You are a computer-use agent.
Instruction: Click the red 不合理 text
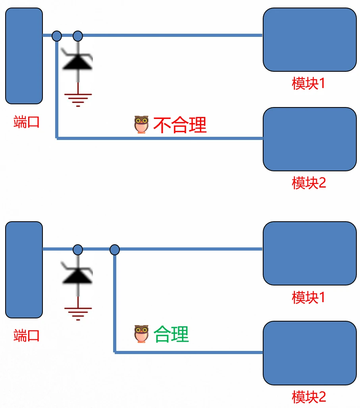pos(180,125)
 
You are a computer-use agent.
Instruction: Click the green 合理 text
pos(171,334)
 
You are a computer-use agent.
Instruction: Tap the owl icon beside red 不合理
pos(141,125)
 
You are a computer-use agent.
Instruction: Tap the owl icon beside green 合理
pos(141,334)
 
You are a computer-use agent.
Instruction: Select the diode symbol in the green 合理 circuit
pos(78,274)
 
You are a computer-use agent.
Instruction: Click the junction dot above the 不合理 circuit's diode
pos(78,36)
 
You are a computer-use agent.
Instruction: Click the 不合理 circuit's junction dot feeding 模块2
pos(57,36)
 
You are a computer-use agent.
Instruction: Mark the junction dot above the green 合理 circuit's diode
pos(78,250)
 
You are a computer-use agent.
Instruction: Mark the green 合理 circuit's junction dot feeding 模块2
pos(114,250)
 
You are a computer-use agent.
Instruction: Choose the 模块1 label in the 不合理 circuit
pos(308,83)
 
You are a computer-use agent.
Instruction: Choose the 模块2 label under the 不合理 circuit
pos(308,183)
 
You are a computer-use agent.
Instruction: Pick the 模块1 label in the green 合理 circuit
pos(308,297)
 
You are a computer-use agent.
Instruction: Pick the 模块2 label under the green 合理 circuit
pos(308,397)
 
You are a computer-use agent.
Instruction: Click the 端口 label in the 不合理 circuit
pos(26,122)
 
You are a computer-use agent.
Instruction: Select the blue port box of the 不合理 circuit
pos(24,56)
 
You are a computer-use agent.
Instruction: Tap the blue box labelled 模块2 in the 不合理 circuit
pos(310,139)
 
